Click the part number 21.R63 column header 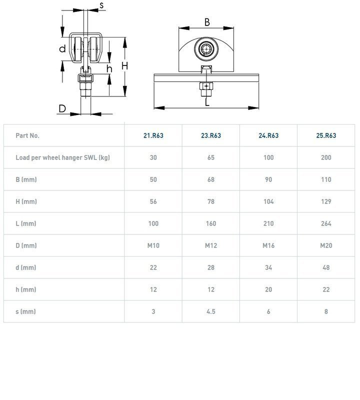pos(153,135)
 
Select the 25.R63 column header pos(326,135)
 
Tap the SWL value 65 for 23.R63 pos(211,157)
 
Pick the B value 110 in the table pos(326,179)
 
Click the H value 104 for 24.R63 pos(268,201)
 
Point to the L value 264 pos(326,223)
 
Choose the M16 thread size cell pos(268,245)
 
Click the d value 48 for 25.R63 pos(326,267)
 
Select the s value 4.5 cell pos(211,311)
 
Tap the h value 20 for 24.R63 pos(268,289)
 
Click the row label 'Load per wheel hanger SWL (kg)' pos(63,157)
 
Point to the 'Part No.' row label pos(27,135)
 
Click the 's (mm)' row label pos(26,311)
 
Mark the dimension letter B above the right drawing pos(207,22)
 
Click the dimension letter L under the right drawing pos(207,102)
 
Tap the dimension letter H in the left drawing pos(125,66)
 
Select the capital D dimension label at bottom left pos(62,108)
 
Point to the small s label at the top pos(101,5)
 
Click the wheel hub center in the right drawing pos(206,48)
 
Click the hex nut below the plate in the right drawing pos(206,86)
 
